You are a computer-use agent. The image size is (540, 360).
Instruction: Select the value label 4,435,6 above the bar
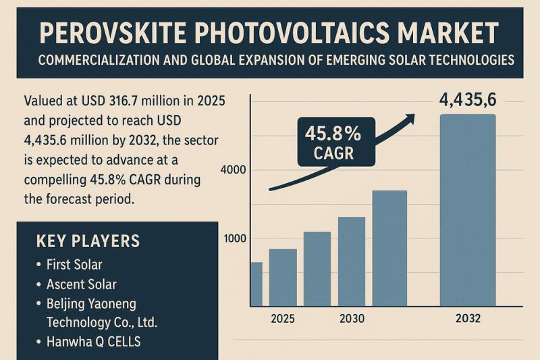[467, 100]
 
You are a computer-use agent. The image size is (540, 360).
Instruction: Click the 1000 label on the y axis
[236, 238]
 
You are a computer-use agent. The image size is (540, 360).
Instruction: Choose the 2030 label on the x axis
[352, 318]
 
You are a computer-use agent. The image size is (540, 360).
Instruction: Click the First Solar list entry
[74, 264]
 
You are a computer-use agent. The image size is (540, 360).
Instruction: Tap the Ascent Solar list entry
[81, 284]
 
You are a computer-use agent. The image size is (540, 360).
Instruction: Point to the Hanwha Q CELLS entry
[93, 341]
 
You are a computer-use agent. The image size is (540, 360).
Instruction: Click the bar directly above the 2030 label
[351, 261]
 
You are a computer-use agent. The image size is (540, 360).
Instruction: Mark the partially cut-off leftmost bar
[256, 284]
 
